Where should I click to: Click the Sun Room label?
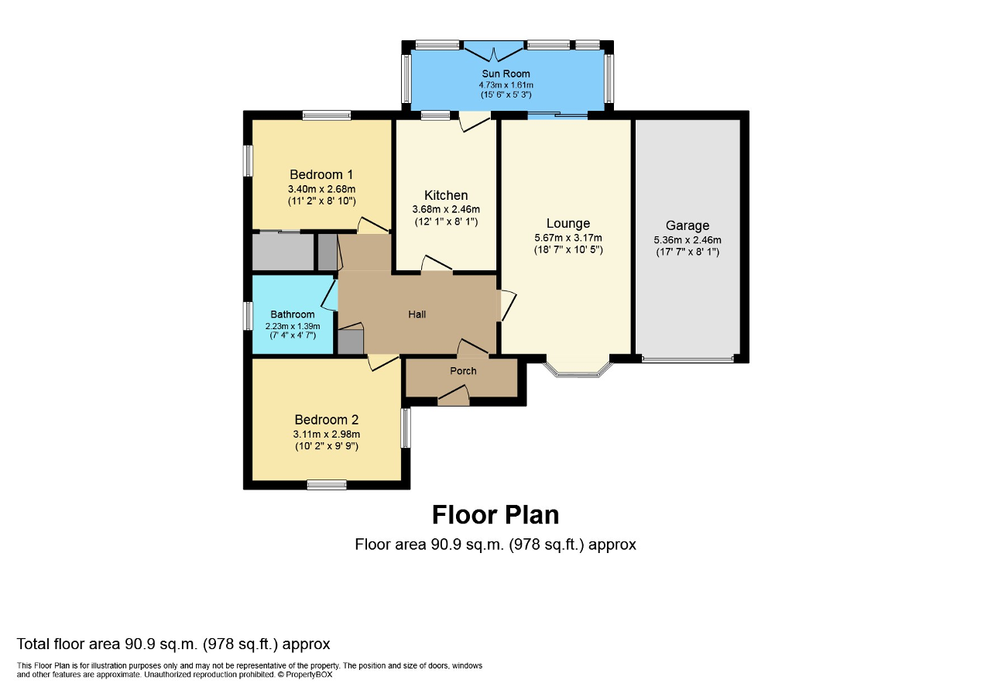coord(506,74)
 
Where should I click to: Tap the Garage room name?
coord(687,225)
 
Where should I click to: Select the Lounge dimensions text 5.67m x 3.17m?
coord(568,238)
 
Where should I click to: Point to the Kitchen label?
coord(446,195)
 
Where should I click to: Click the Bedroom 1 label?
coord(321,174)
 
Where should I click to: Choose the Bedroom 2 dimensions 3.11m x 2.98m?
coord(326,435)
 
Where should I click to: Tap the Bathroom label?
coord(293,314)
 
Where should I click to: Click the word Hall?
coord(417,314)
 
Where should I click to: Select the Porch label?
coord(463,371)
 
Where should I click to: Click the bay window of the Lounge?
coord(578,372)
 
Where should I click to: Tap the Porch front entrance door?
coord(454,398)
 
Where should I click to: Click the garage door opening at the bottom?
coord(687,359)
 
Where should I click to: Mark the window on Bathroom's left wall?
coord(249,316)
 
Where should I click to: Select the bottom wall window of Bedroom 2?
coord(326,485)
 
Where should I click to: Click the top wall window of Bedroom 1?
coord(326,116)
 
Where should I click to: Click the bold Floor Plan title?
coord(495,514)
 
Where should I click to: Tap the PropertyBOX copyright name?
coord(310,675)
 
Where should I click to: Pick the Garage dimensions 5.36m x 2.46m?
coord(687,240)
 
